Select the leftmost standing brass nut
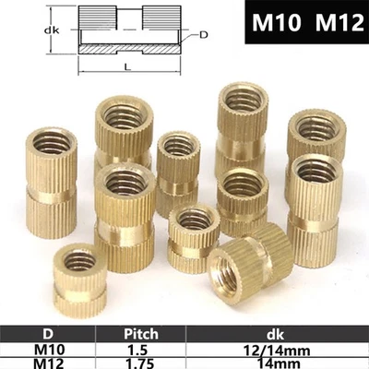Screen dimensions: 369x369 [x=50, y=180]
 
